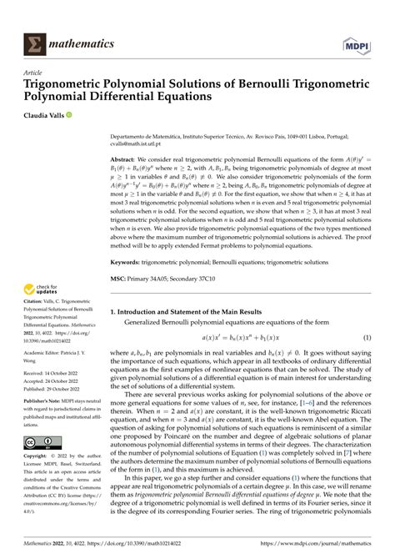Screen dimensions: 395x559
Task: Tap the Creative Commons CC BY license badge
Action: click(43, 466)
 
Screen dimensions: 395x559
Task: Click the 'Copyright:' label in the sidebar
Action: click(38, 481)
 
